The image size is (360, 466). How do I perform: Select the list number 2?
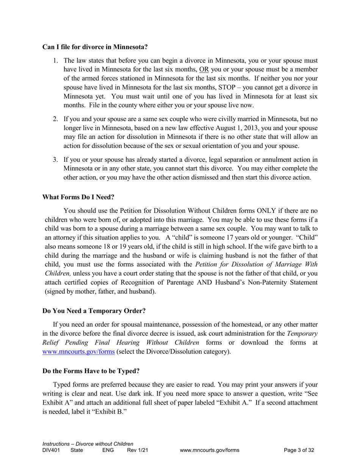tap(55, 119)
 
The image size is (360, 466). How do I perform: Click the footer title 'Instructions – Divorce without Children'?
tap(88, 444)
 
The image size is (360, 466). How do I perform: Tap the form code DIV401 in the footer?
tap(51, 450)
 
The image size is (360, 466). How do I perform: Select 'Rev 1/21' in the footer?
tap(137, 450)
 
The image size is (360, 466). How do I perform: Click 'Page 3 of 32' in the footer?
tap(299, 450)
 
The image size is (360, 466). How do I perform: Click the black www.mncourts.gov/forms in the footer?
tap(210, 450)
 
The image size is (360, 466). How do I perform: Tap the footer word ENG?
tap(108, 450)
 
